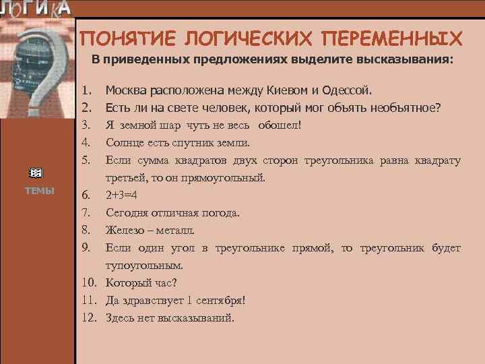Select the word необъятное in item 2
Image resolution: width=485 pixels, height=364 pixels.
point(403,107)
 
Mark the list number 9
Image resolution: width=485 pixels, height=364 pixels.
point(86,248)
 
